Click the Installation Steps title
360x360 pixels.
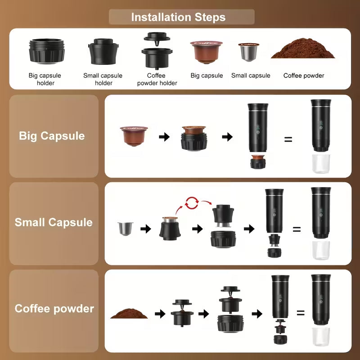tap(178, 18)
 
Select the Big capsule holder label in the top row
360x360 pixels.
tap(45, 79)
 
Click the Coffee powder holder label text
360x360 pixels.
tap(157, 79)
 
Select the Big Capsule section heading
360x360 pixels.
tap(52, 136)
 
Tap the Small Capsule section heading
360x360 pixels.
tap(54, 222)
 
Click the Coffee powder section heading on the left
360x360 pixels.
tap(54, 309)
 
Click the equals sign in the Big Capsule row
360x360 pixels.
tap(288, 139)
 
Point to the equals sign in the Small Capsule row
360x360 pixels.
tap(297, 229)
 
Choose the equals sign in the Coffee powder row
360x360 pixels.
tap(300, 313)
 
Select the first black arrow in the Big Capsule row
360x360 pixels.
tap(164, 137)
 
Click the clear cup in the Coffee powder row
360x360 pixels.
tap(321, 336)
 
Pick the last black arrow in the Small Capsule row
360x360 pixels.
tap(249, 229)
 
